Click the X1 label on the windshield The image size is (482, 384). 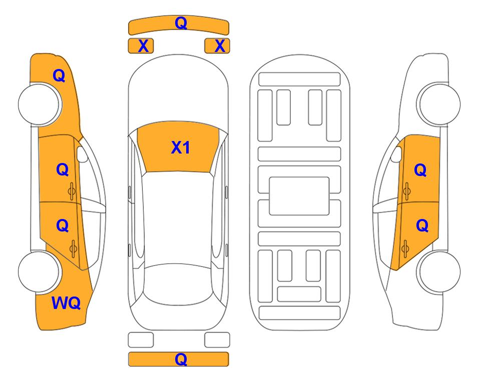pos(180,147)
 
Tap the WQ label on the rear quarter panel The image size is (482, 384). pos(66,303)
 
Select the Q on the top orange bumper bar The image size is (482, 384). pos(181,23)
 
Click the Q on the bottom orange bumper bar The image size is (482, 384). pos(181,359)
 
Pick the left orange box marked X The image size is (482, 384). pos(141,46)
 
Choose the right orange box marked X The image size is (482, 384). pos(217,46)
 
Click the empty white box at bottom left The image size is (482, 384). pos(141,340)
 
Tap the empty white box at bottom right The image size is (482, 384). pos(217,340)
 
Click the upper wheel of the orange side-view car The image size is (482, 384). pos(40,104)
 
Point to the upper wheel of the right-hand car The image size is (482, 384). pos(439,104)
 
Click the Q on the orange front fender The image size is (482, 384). pos(59,75)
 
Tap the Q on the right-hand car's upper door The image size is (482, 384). pos(420,170)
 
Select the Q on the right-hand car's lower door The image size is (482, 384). pos(422,226)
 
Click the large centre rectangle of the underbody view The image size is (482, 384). pos(299,195)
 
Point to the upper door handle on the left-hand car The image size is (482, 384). pos(73,190)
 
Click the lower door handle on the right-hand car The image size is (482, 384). pos(406,246)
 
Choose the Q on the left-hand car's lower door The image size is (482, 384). pos(62,225)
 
